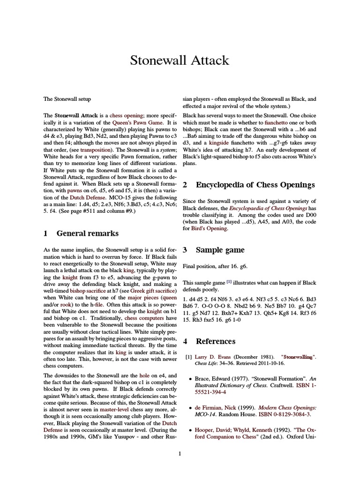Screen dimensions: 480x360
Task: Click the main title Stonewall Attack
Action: [180, 60]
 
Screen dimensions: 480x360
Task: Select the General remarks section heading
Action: [87, 233]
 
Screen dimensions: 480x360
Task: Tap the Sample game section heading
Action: [220, 250]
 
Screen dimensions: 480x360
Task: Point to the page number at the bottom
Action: [180, 453]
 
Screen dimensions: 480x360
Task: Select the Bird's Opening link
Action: [209, 228]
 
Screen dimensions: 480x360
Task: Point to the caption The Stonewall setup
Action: [67, 99]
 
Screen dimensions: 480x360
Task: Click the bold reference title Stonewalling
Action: [293, 357]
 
